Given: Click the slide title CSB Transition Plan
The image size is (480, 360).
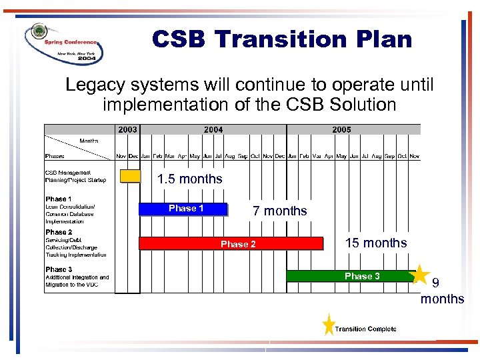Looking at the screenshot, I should [281, 39].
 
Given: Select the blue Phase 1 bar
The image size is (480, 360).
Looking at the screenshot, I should [183, 209].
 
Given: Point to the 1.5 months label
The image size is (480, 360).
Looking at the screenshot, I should [189, 179].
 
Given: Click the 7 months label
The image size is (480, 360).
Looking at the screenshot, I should [280, 211].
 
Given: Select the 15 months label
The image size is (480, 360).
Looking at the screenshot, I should [375, 243].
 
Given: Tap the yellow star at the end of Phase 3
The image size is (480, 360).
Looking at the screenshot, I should [419, 274].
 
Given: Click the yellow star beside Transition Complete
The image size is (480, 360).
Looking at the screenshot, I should [328, 325].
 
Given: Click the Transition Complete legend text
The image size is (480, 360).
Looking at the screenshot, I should [365, 329].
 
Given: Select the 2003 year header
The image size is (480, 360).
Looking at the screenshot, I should [127, 130].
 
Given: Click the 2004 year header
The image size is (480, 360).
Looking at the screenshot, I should [213, 130].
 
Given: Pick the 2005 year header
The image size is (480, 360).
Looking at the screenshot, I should [341, 130].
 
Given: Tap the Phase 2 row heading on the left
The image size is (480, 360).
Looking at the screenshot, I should [59, 232].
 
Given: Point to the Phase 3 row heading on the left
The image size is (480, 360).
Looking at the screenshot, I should [59, 269].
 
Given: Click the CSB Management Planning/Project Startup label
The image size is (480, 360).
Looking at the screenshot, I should [75, 176].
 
